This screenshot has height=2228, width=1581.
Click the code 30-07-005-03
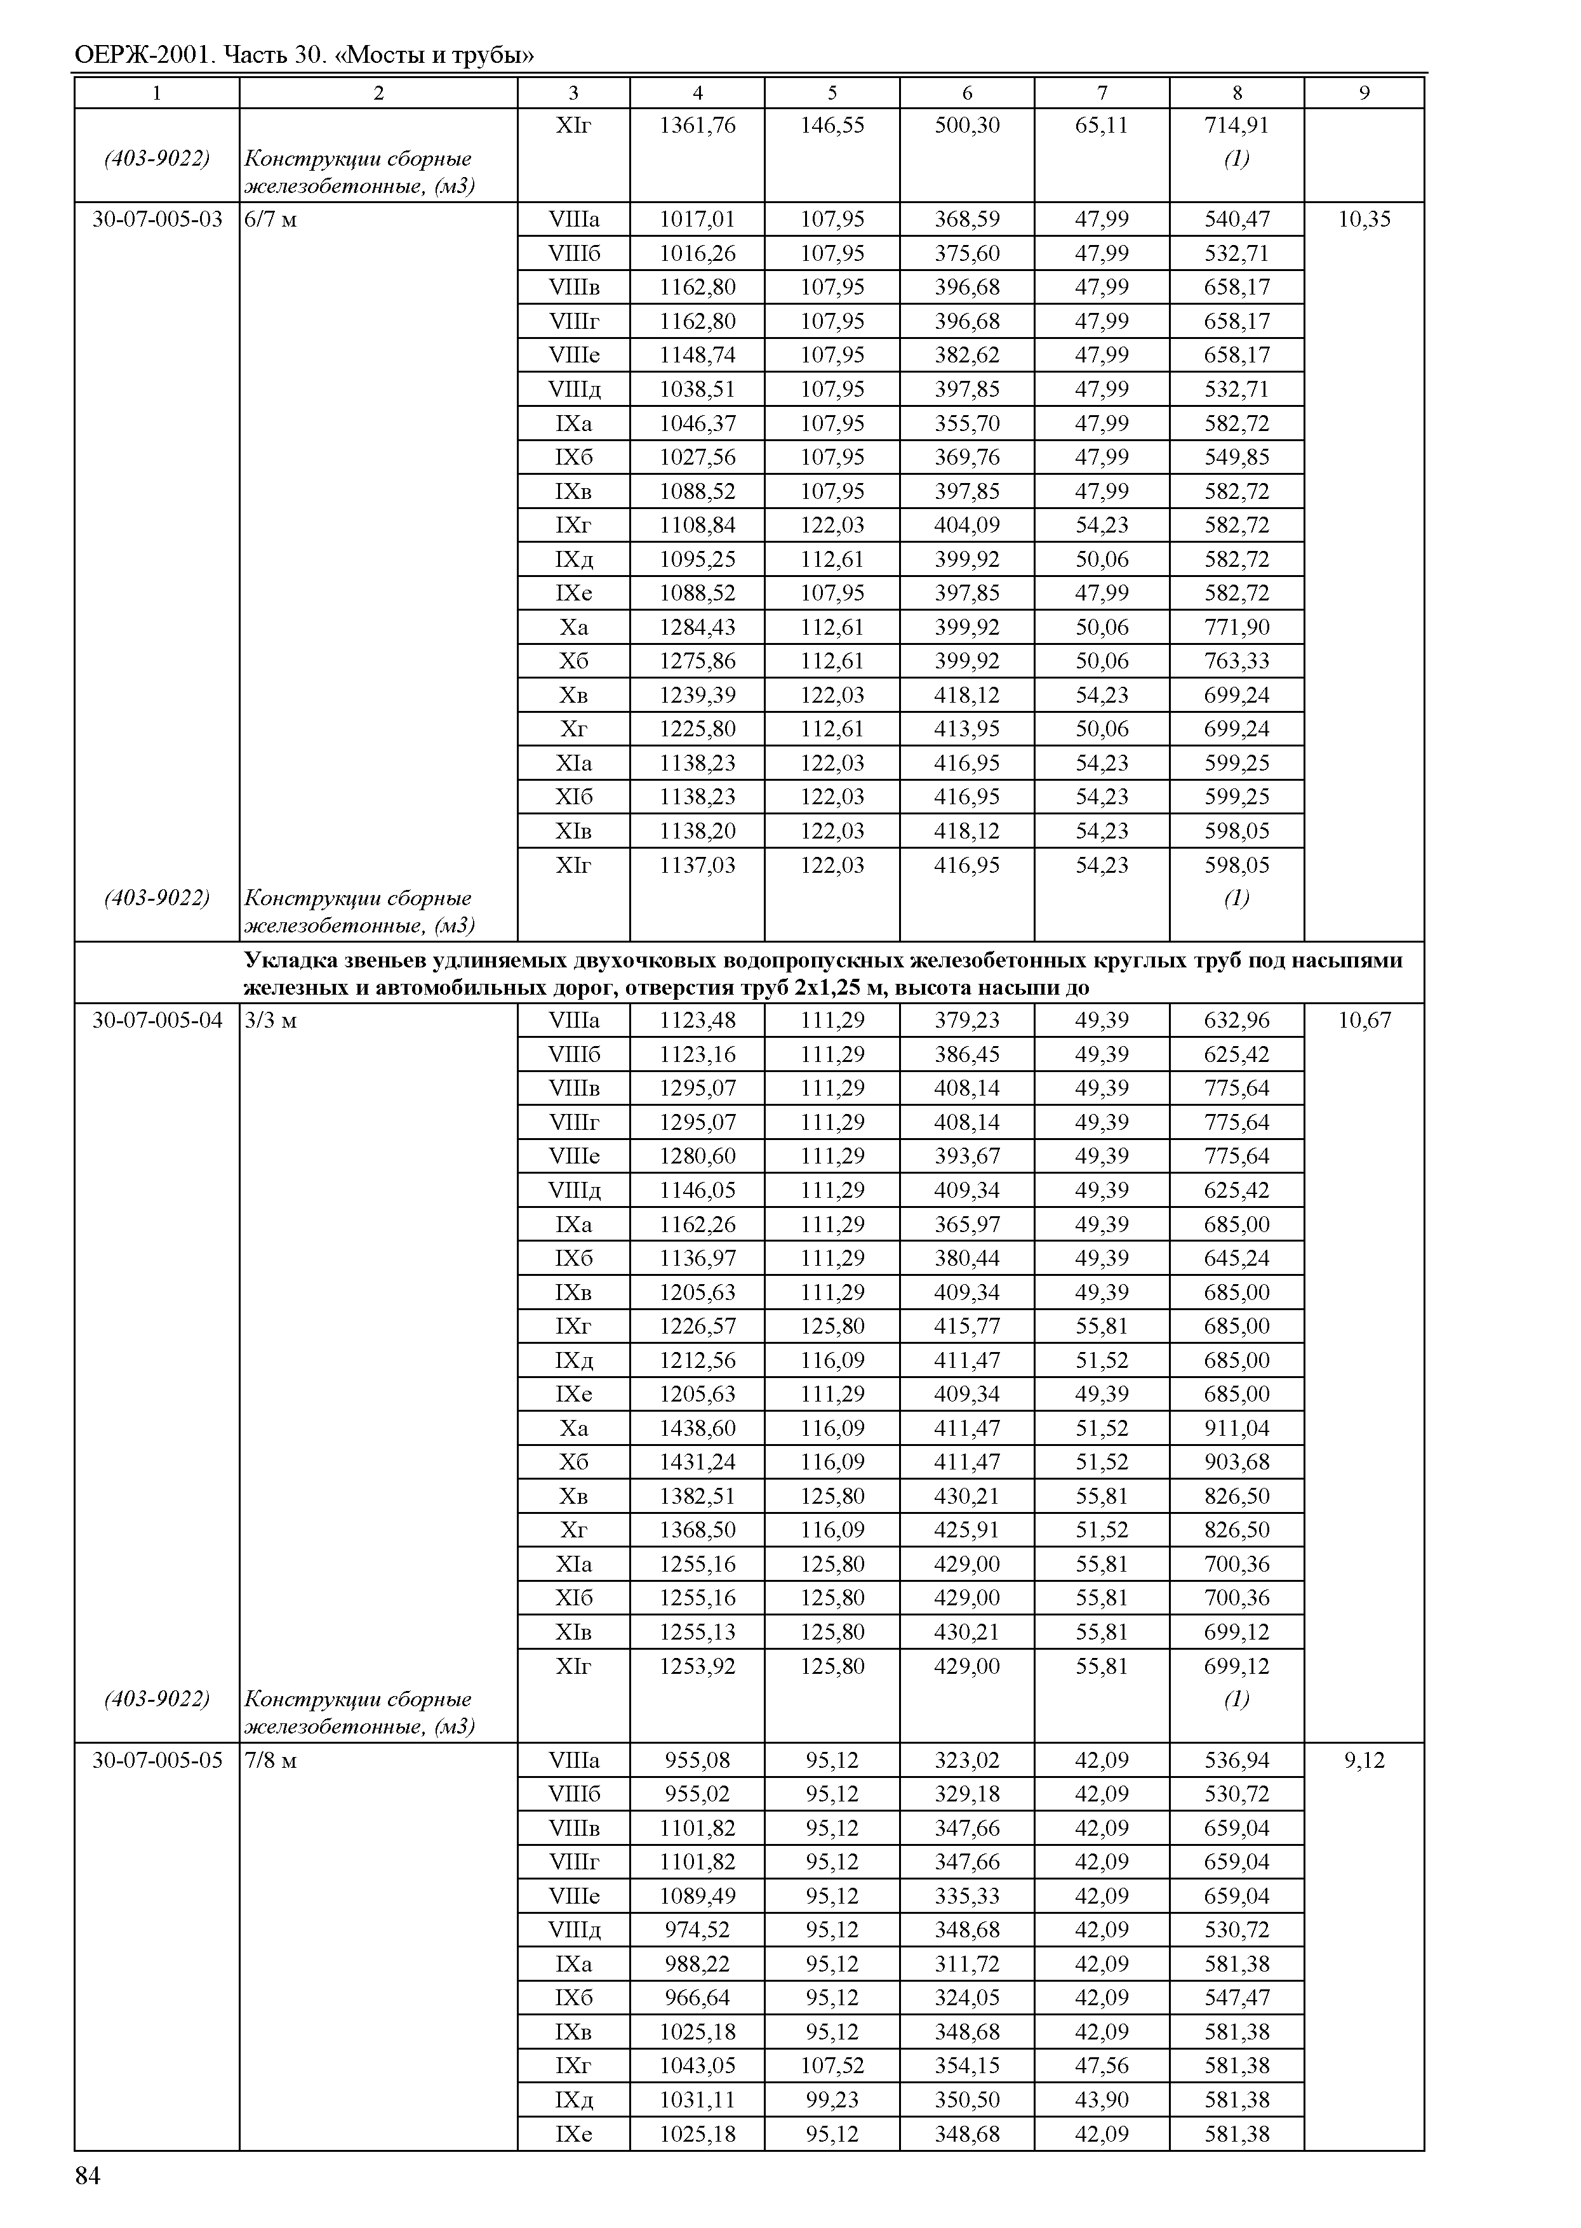tap(157, 219)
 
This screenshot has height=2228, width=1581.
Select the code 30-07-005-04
tap(157, 1020)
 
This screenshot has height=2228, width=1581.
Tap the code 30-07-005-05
tap(157, 1760)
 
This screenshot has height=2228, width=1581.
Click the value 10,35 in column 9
tap(1364, 219)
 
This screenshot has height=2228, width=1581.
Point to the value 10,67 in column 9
tap(1364, 1020)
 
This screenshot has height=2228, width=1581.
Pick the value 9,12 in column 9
tap(1364, 1760)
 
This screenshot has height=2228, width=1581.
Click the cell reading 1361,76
tap(697, 126)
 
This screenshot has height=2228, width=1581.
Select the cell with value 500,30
tap(967, 126)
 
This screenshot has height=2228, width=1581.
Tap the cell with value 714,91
tap(1236, 126)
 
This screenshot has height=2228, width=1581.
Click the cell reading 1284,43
tap(697, 627)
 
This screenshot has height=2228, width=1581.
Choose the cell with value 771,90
tap(1236, 627)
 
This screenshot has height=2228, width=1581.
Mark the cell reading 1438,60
tap(697, 1428)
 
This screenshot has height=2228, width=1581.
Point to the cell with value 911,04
tap(1236, 1428)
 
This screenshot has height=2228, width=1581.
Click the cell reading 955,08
tap(697, 1760)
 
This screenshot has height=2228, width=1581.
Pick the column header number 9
tap(1364, 93)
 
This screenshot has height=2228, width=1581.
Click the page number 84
tap(88, 2177)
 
